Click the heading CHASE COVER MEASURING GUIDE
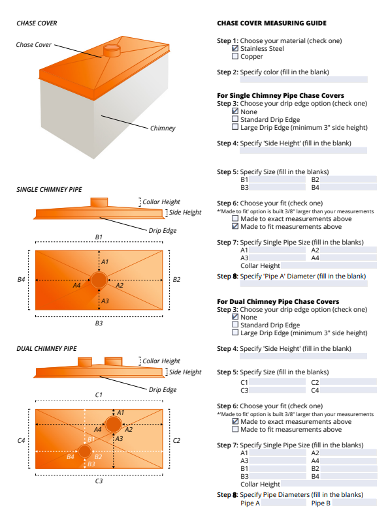point(271,23)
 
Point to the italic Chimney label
point(163,128)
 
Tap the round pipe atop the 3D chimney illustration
point(112,50)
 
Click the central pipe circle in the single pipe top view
point(99,280)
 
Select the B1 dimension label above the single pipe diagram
point(99,236)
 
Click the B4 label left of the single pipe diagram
point(21,280)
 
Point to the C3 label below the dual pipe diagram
point(99,481)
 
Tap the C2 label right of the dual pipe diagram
point(176,441)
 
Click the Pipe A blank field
point(283,503)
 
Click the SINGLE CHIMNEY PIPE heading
point(49,189)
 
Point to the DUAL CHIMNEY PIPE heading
point(46,348)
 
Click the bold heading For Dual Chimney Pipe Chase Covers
point(278,302)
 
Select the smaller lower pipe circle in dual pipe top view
point(85,451)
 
